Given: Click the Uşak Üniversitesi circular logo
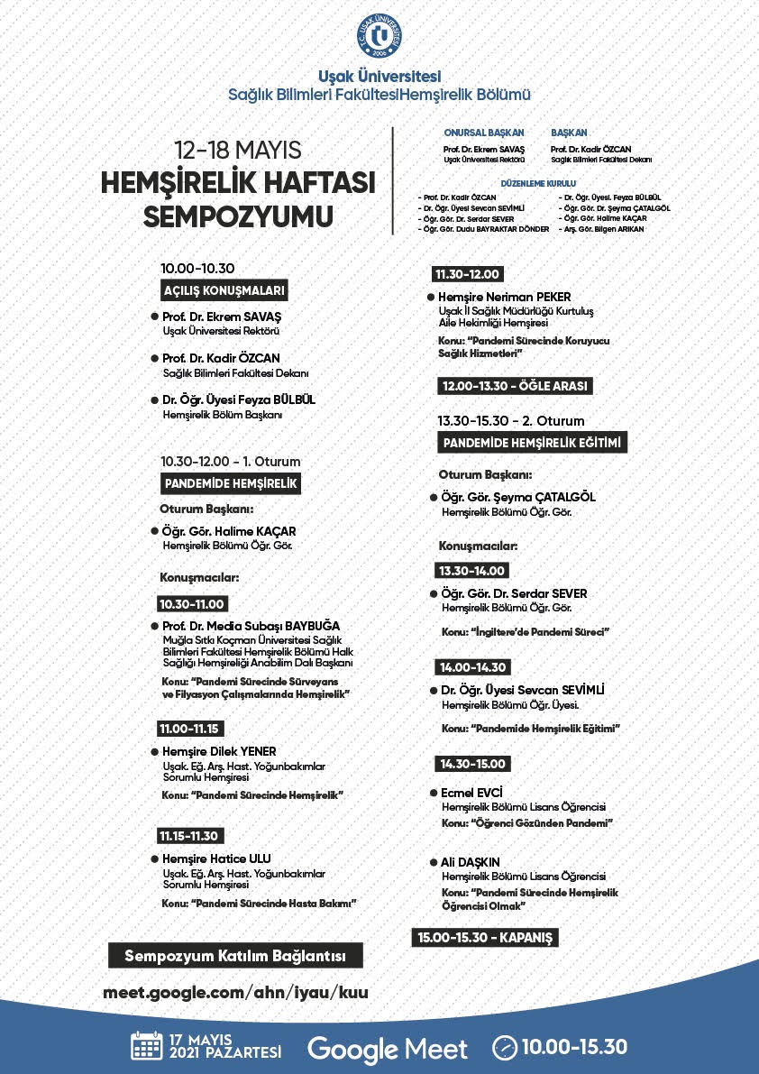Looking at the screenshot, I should coord(379,35).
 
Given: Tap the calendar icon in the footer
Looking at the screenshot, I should coord(146,1047).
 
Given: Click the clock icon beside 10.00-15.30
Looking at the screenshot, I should coord(505,1048).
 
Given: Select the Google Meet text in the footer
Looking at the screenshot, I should coord(388,1049).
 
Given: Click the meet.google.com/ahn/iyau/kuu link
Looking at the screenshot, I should coord(236,992).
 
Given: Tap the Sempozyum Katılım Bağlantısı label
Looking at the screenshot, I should coord(235,956).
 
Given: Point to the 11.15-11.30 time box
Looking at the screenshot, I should coord(190,836).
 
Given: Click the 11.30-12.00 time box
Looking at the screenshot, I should coord(467,275).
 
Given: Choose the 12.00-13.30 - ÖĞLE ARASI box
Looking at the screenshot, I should coord(515,386).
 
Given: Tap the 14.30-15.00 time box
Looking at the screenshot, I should coord(473,764).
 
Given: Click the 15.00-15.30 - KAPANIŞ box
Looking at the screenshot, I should coord(484,938).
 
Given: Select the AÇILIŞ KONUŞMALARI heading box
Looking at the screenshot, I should coord(224,291).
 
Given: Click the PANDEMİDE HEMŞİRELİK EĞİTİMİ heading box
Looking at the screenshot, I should coord(533,443).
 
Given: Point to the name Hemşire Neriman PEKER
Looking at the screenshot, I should coord(504,297).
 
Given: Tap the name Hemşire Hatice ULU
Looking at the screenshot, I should coord(216,858).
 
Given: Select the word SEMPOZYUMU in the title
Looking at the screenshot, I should coord(238,217).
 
